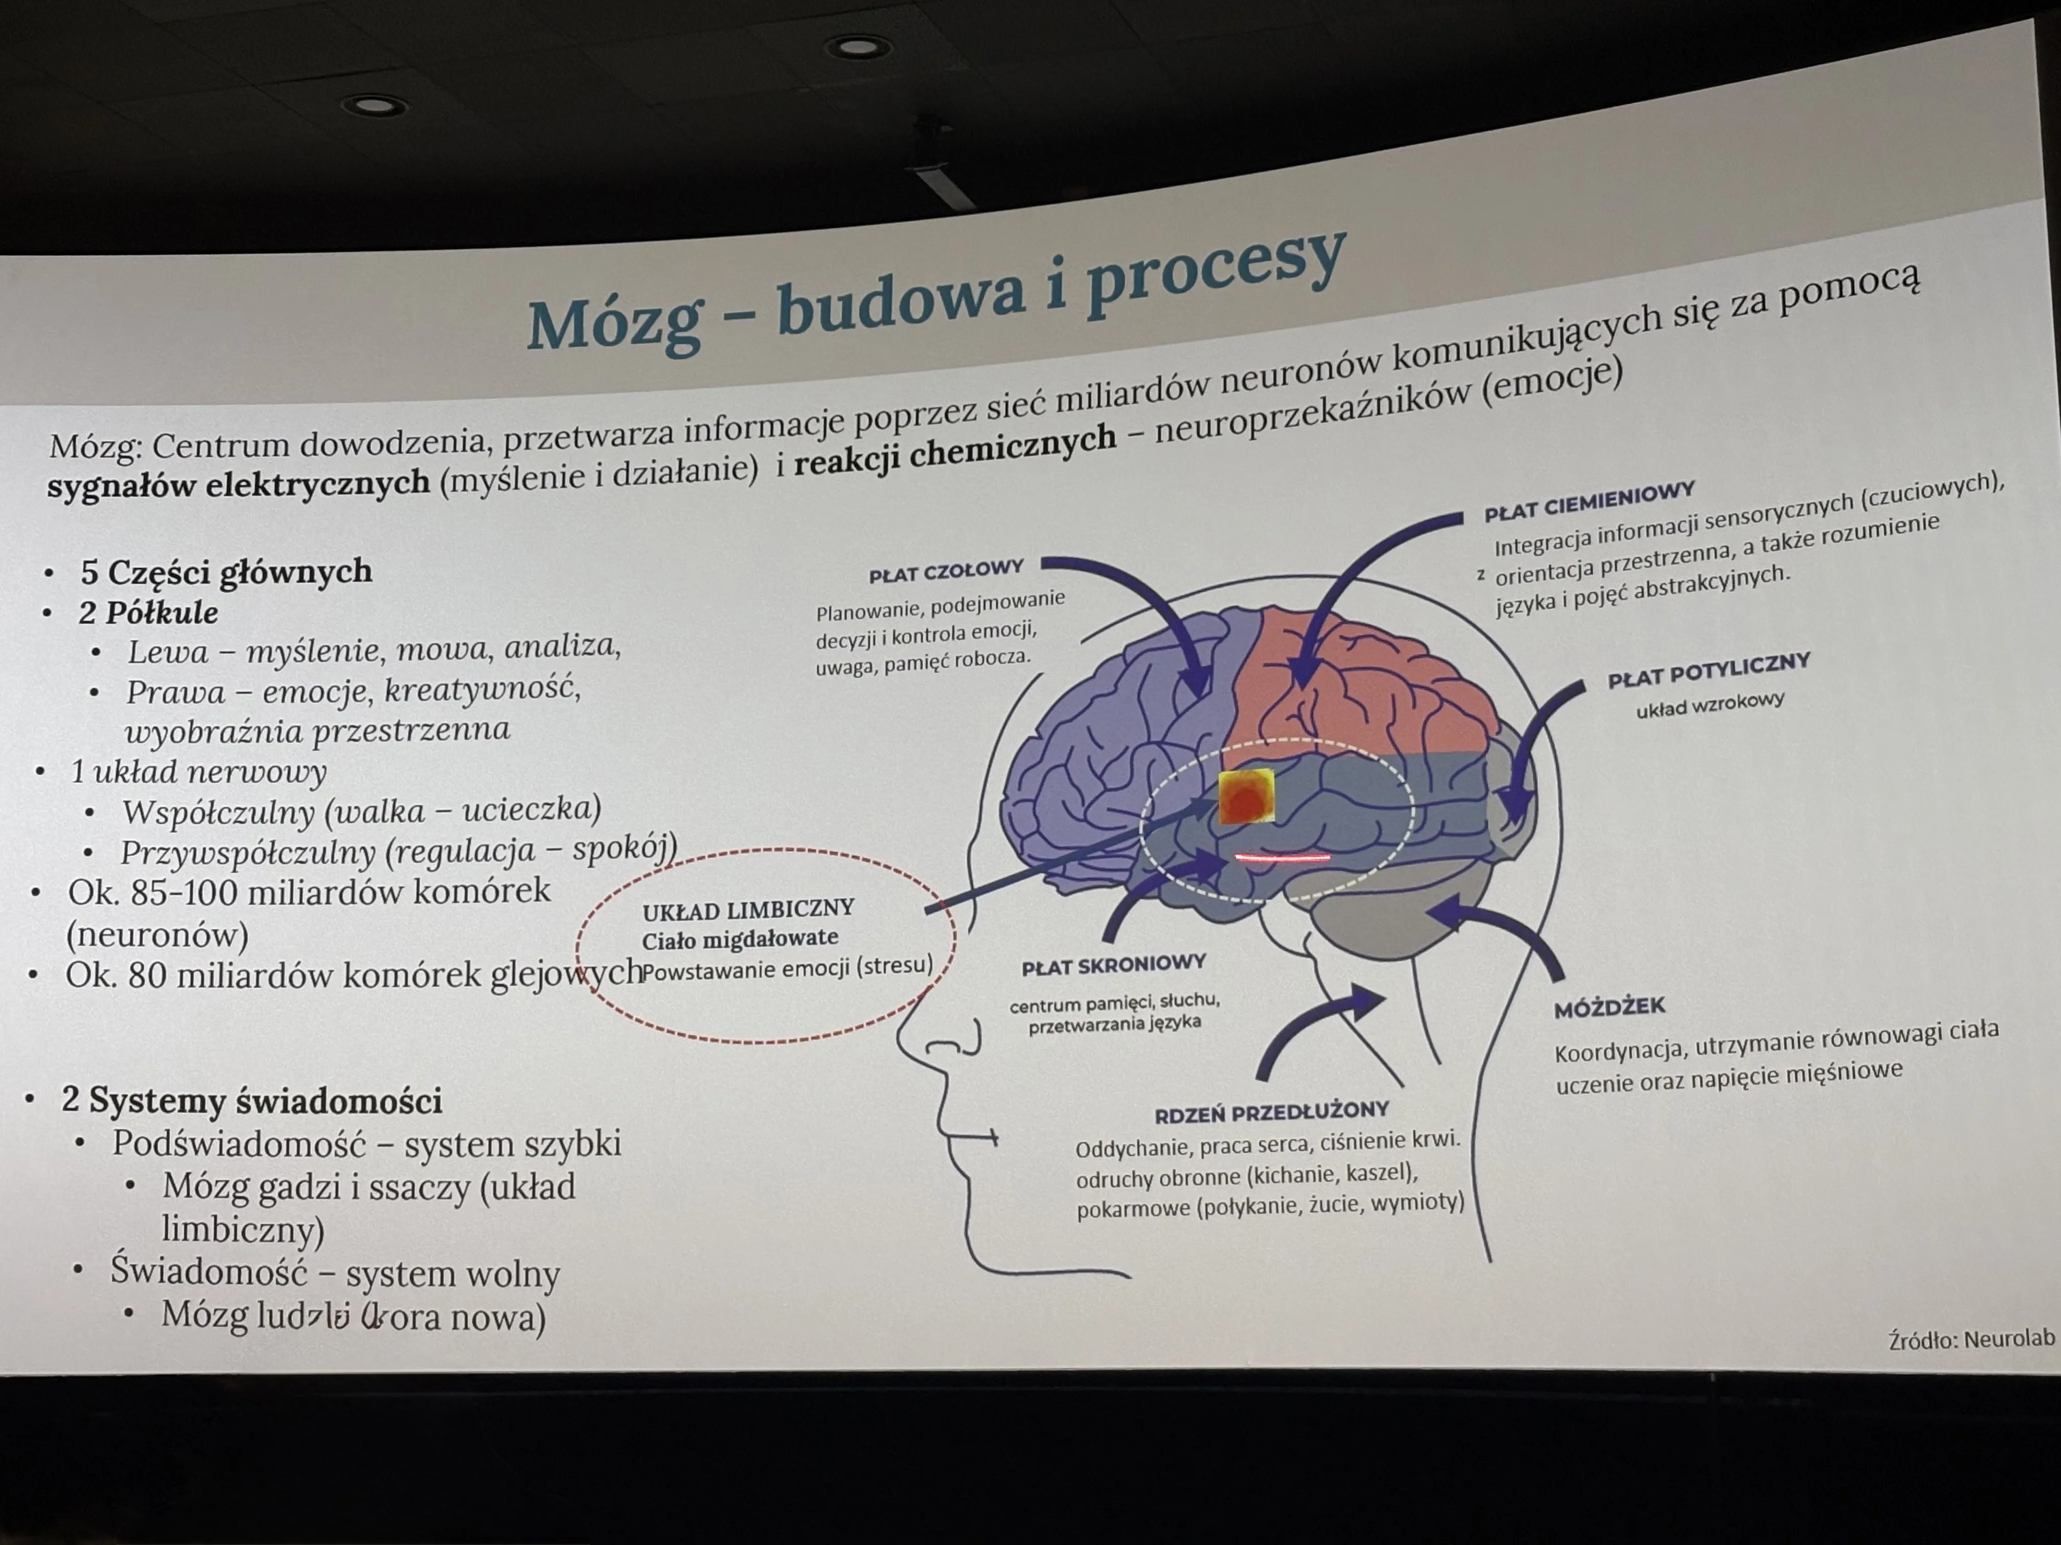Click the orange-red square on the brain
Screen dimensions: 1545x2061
1247,797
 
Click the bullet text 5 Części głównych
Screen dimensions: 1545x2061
225,571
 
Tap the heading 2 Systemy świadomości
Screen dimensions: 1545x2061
251,1101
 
